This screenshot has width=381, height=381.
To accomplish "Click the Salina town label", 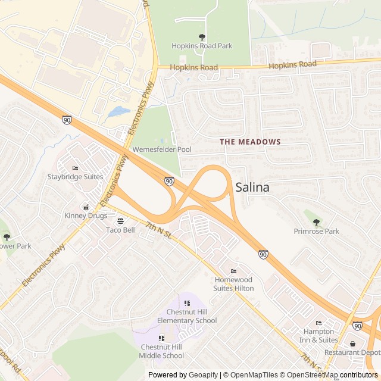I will tap(252, 188).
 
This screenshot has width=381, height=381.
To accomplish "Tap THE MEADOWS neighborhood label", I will tap(250, 142).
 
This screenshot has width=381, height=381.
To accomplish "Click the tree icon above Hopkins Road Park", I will tap(202, 37).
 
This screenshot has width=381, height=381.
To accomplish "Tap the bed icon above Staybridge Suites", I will tap(75, 168).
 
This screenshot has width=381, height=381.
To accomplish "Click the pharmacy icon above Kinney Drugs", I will tap(86, 207).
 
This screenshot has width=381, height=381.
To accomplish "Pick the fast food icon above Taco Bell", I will tap(121, 221).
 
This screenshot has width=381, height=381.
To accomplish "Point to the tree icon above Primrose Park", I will tap(316, 223).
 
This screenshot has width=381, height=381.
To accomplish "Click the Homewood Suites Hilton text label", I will tap(233, 284).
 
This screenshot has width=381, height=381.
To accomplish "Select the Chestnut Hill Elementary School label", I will tap(183, 317).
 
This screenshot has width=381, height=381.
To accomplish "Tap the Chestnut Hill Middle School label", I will tap(162, 352).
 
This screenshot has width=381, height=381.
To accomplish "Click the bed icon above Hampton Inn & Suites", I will tap(318, 323).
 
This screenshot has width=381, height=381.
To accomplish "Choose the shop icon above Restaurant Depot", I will tap(353, 343).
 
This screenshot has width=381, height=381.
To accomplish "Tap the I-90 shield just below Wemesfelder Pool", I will tap(169, 180).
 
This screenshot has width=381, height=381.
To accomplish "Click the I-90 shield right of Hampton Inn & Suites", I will tap(357, 326).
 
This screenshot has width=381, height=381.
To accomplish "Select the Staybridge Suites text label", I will tap(75, 177).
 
